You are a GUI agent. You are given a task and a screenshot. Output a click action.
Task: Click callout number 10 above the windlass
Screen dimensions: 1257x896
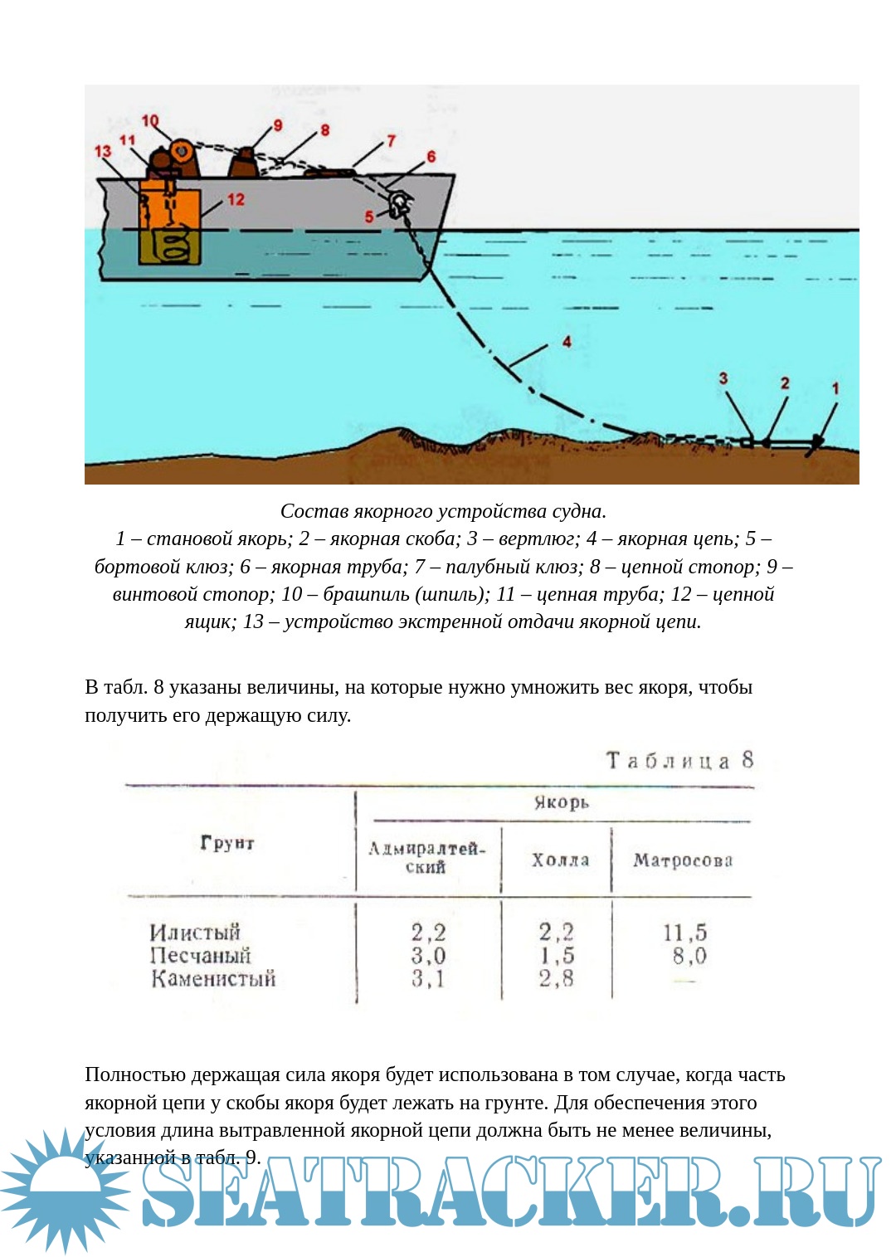(x=149, y=121)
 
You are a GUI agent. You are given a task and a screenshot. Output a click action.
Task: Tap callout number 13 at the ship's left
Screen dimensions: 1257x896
(x=102, y=152)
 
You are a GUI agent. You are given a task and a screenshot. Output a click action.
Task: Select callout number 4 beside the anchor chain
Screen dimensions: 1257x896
(x=567, y=341)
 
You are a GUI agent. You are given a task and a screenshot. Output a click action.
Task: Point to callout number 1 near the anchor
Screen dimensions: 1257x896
(x=835, y=388)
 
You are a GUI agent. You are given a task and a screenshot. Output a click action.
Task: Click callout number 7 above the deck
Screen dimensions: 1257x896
(x=391, y=141)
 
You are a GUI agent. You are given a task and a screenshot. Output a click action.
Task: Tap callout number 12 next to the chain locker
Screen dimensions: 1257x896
(x=236, y=199)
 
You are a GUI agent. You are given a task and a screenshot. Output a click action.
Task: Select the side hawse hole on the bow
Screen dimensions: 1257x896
(x=399, y=202)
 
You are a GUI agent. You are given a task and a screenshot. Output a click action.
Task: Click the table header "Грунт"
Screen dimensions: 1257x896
(x=227, y=843)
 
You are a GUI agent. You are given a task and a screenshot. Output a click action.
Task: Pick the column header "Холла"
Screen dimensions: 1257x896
(x=560, y=860)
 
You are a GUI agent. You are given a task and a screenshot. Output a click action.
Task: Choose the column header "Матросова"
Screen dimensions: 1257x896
(x=683, y=860)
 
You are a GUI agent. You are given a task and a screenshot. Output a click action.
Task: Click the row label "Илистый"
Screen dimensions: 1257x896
(x=195, y=932)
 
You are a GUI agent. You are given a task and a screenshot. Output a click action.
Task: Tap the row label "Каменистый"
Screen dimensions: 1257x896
(x=213, y=979)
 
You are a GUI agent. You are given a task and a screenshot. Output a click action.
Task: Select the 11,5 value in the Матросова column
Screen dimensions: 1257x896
(x=684, y=933)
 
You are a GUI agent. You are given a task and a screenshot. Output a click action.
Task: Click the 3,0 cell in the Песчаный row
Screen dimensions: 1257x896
(x=428, y=956)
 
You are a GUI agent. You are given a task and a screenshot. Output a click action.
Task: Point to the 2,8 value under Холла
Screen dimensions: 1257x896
(x=556, y=979)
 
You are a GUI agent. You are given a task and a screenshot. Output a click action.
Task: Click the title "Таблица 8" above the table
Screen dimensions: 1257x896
(x=679, y=760)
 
